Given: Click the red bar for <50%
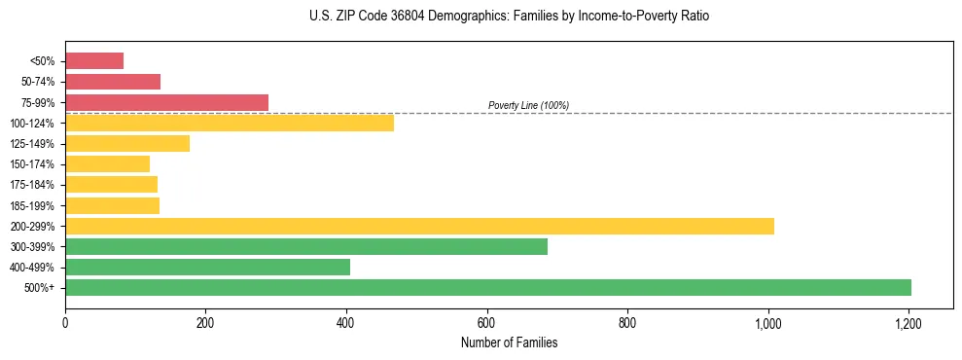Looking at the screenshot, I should coord(94,61).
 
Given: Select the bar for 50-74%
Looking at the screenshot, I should coord(113,82).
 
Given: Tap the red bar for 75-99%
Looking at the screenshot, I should coord(166,102).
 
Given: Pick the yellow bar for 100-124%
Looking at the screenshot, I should coord(230,123).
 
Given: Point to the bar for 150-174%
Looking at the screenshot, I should coord(108,164).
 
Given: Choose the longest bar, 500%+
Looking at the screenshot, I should coord(488,287).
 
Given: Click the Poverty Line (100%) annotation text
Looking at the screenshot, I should coord(528,105).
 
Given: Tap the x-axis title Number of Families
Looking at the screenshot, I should coord(509,342).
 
